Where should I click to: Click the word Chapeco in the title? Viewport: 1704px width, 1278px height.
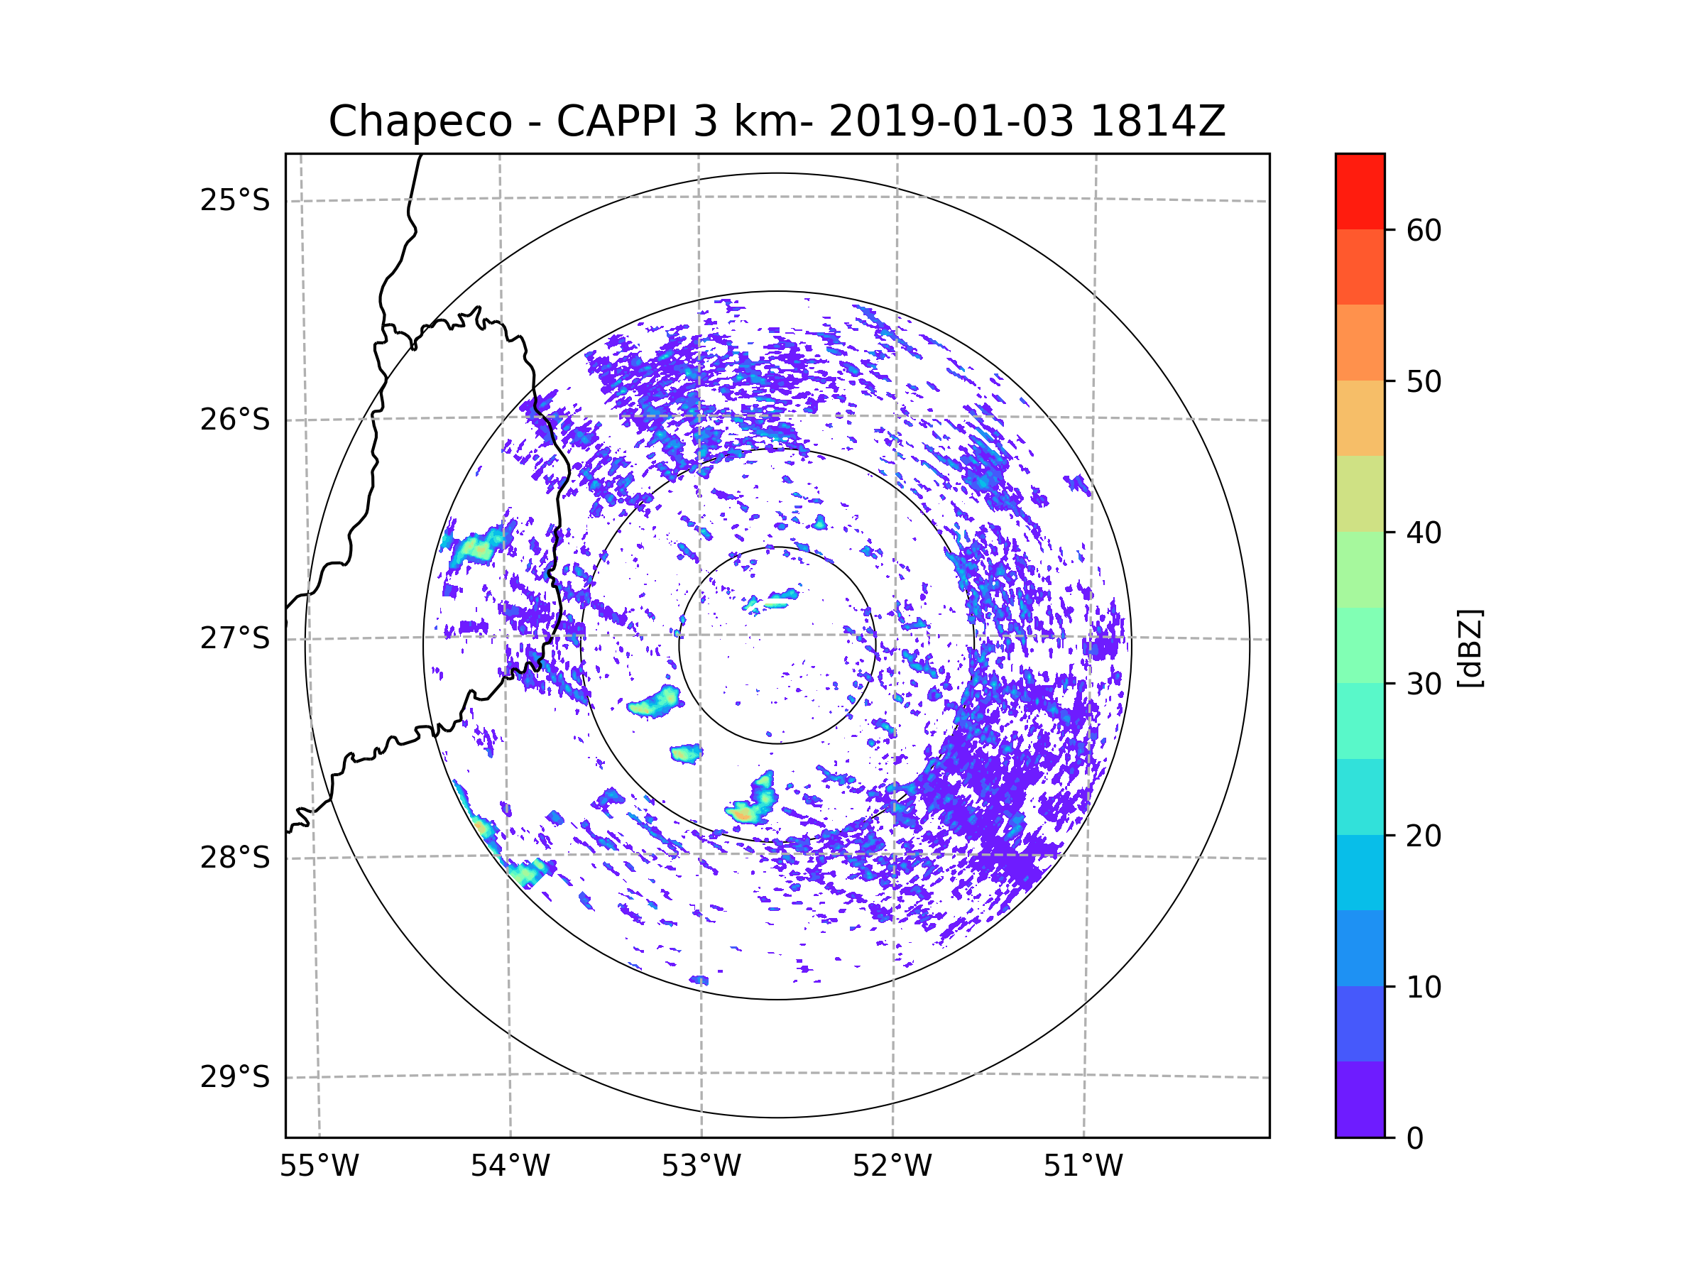[x=420, y=121]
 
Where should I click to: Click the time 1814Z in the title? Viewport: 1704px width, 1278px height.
[x=1157, y=121]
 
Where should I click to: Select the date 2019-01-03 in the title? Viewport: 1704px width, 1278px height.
[x=951, y=121]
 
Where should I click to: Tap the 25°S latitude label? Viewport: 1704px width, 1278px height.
[x=235, y=200]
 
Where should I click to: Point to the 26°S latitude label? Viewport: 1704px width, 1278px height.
[x=235, y=420]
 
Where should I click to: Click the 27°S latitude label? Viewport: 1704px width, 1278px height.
[x=235, y=638]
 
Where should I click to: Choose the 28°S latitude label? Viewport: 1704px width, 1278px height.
[x=235, y=858]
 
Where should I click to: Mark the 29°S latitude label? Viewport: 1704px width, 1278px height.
[x=235, y=1077]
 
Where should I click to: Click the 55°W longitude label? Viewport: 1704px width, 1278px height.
[x=319, y=1167]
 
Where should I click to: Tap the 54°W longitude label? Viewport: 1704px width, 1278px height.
[x=510, y=1167]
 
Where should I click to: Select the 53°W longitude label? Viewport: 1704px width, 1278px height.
[x=701, y=1167]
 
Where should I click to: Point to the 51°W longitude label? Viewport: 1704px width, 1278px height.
[x=1083, y=1167]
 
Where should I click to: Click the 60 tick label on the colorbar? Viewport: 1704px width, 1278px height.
[x=1424, y=230]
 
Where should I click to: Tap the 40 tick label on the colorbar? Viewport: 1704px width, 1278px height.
[x=1424, y=533]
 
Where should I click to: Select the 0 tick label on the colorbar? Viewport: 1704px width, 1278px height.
[x=1415, y=1139]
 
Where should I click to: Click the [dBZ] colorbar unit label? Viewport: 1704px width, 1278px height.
[x=1470, y=649]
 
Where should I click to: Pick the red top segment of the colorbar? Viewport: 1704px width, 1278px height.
[x=1360, y=191]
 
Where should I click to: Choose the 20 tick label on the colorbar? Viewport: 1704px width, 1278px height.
[x=1424, y=836]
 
